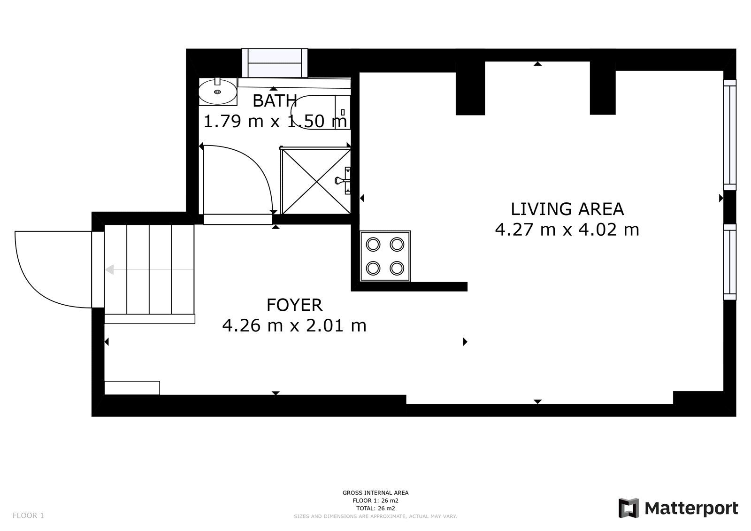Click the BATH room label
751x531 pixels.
pyautogui.click(x=275, y=100)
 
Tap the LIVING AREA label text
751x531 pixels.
pyautogui.click(x=567, y=209)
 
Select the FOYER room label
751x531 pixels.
pyautogui.click(x=294, y=305)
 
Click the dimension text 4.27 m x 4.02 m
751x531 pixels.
pyautogui.click(x=567, y=230)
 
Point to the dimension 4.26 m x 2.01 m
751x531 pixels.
pyautogui.click(x=294, y=325)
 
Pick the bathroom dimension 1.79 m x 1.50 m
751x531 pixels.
pyautogui.click(x=275, y=121)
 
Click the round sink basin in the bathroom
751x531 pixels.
pyautogui.click(x=218, y=91)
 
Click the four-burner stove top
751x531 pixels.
pyautogui.click(x=385, y=256)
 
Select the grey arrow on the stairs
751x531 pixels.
pyautogui.click(x=150, y=269)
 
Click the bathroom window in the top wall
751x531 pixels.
pyautogui.click(x=275, y=63)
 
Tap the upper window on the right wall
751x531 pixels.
pyautogui.click(x=729, y=135)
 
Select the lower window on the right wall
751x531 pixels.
pyautogui.click(x=729, y=262)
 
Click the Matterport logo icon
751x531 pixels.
pyautogui.click(x=628, y=508)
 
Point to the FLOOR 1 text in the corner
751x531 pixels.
pyautogui.click(x=28, y=516)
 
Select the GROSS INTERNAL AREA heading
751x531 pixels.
pyautogui.click(x=375, y=493)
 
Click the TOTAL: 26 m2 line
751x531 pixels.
pyautogui.click(x=375, y=508)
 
